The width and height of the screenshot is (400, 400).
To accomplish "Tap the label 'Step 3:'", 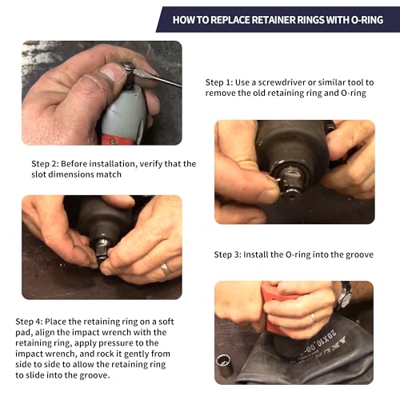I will coord(231,255).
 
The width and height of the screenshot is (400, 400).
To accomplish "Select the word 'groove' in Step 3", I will coord(358,255).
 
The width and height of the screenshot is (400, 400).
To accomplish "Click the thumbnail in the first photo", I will coord(114,72).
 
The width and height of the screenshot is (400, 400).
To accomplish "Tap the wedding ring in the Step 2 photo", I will coord(165,269).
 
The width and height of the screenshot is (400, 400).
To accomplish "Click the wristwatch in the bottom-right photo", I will coord(344,297).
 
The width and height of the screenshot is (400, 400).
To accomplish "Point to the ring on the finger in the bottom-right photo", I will coord(314,317).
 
